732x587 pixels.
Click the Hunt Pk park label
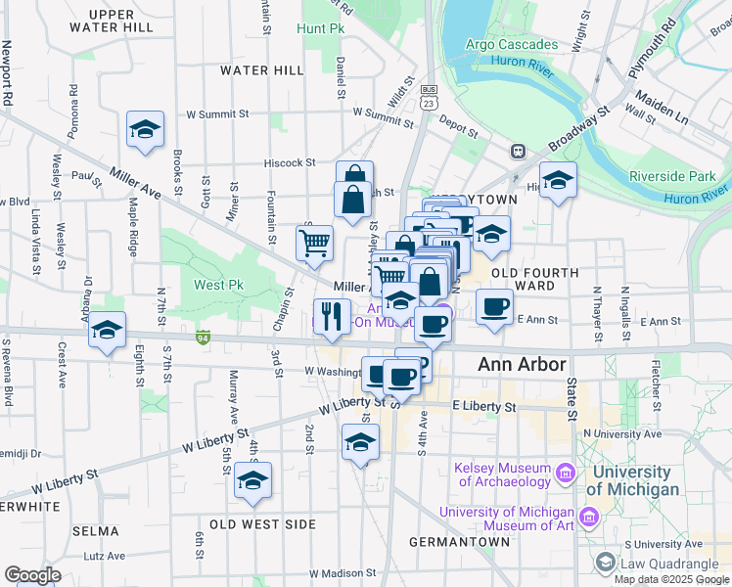coord(323,30)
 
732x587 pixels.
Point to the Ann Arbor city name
coord(522,365)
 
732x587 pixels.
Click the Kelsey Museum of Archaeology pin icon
coord(565,474)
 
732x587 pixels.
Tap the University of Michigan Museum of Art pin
coord(588,516)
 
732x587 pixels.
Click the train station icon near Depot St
coord(517,152)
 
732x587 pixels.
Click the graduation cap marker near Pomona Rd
coord(145,129)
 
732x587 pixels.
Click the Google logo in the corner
coord(33,575)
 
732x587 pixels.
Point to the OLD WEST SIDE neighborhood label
coord(264,525)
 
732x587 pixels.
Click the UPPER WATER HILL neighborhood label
coord(120,21)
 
